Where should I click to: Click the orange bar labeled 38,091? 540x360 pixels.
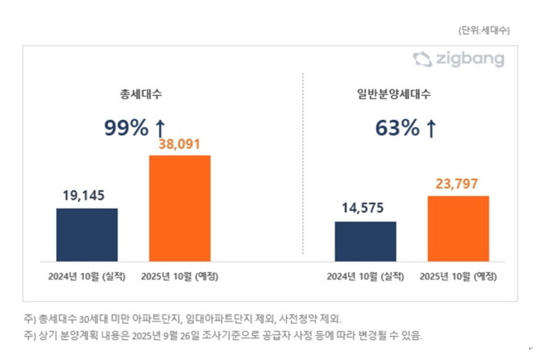click(180, 208)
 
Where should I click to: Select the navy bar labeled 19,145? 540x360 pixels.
click(87, 234)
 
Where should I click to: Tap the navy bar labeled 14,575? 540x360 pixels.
click(365, 241)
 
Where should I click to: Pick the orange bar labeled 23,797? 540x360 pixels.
click(458, 228)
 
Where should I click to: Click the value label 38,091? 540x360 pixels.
click(180, 144)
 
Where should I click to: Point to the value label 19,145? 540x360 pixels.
click(87, 197)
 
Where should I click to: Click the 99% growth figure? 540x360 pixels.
click(127, 126)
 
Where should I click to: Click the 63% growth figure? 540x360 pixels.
click(397, 126)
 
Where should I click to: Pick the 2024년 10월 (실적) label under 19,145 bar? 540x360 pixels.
click(87, 276)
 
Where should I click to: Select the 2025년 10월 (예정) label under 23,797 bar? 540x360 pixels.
click(458, 276)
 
